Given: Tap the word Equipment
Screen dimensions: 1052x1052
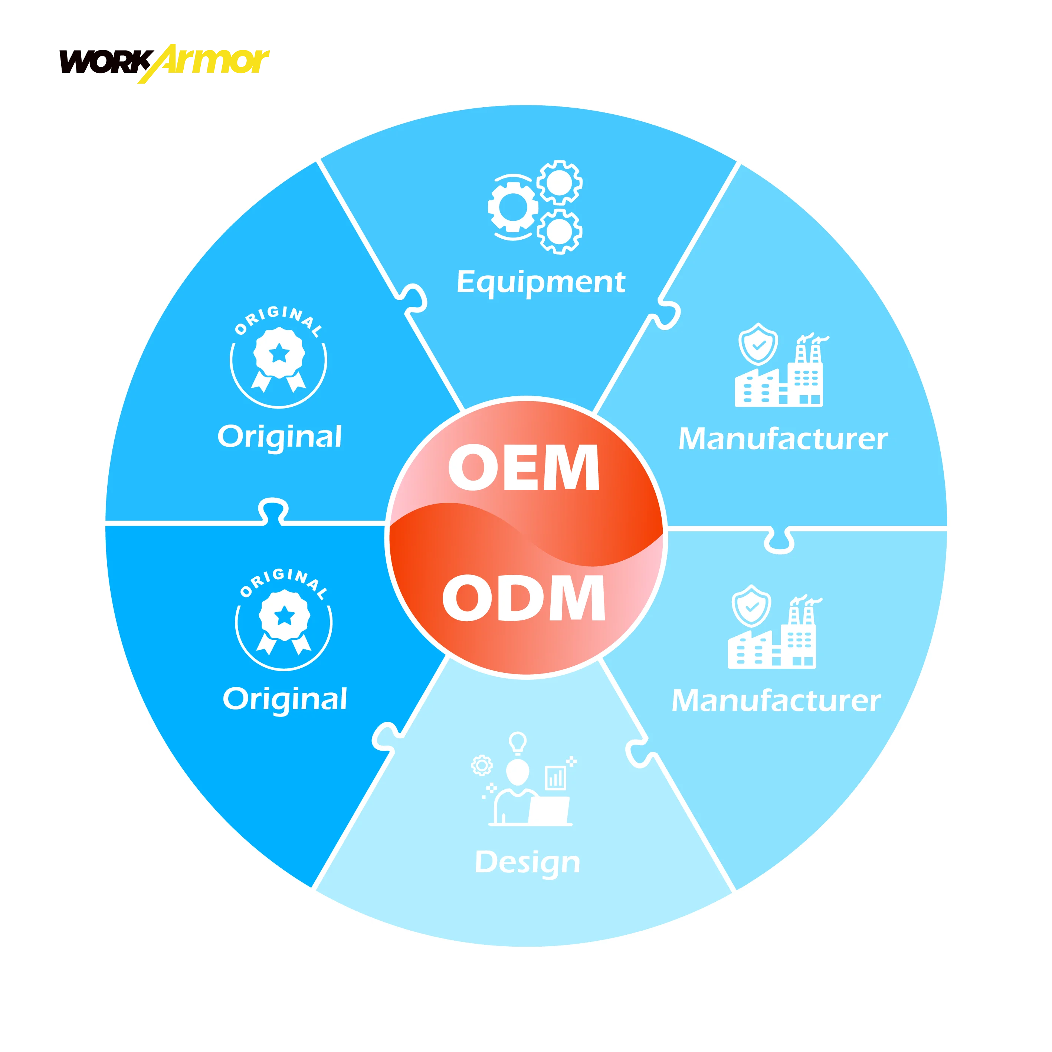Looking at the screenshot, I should click(x=541, y=282).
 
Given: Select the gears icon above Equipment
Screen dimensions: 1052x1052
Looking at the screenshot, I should click(x=535, y=207).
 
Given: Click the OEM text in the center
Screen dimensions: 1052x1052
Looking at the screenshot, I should click(x=524, y=467).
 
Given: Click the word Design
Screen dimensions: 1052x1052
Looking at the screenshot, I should click(x=527, y=862).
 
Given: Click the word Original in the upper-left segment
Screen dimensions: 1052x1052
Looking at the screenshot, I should click(x=279, y=437).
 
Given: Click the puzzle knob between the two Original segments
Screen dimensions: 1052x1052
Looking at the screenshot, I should click(x=273, y=510).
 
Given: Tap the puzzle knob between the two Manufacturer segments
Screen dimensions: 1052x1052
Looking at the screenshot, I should click(x=779, y=541).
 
